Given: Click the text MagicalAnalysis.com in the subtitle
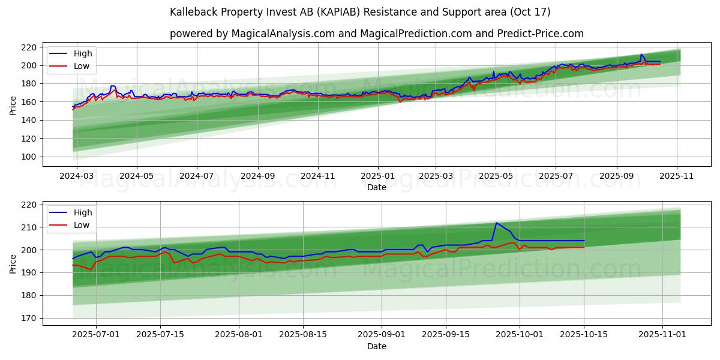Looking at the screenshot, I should [x=283, y=34].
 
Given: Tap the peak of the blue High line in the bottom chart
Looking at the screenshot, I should [x=496, y=223].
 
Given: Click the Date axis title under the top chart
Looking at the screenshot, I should [x=377, y=187].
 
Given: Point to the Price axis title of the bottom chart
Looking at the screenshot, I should [x=13, y=263].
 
